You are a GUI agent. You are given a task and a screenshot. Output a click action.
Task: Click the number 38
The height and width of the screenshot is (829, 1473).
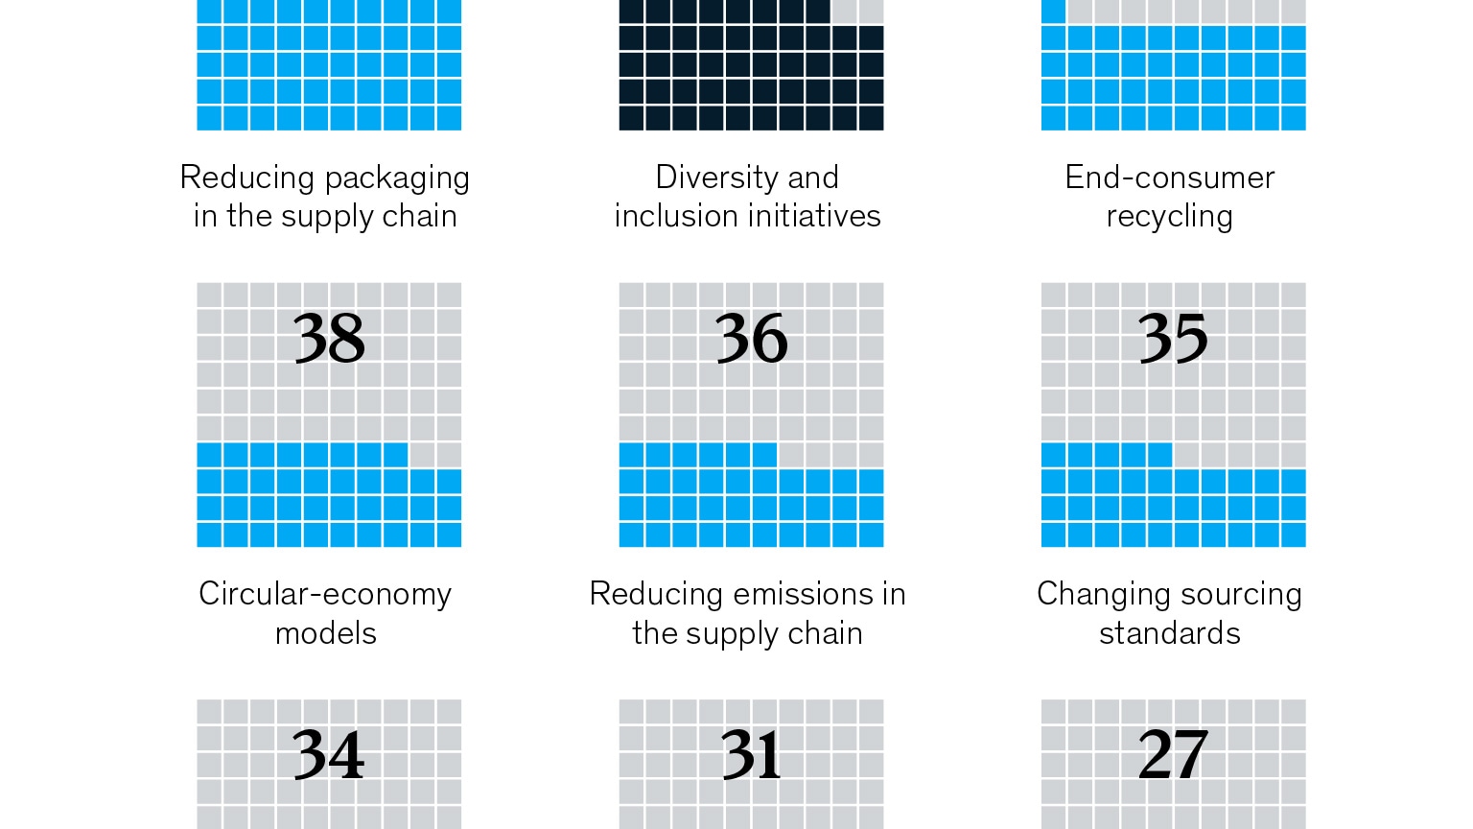tap(329, 339)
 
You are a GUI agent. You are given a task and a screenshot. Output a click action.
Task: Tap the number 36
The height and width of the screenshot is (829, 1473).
tap(751, 339)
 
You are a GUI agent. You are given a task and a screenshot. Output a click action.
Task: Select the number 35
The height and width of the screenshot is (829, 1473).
tap(1173, 339)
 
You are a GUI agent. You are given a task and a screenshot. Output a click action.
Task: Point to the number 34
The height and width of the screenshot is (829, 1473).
tap(329, 755)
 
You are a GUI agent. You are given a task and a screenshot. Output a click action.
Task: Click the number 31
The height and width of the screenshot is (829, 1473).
tap(751, 755)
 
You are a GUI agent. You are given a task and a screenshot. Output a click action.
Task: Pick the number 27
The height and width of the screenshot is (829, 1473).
tap(1173, 755)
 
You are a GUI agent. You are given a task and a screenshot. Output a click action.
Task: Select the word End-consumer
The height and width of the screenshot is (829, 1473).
tap(1169, 178)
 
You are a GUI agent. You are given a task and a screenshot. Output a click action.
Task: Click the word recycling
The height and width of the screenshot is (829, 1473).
tap(1169, 218)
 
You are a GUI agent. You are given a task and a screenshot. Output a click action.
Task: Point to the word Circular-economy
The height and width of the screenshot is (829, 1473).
tap(325, 595)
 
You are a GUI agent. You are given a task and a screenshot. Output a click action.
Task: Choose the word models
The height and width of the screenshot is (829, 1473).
tap(325, 633)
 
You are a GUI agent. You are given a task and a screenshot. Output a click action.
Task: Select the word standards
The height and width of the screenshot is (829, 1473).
tap(1169, 633)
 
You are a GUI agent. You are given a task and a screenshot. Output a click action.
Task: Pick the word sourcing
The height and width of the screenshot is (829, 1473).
tap(1241, 596)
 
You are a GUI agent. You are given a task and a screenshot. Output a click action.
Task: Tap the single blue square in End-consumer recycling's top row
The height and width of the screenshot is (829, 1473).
tap(1054, 12)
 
